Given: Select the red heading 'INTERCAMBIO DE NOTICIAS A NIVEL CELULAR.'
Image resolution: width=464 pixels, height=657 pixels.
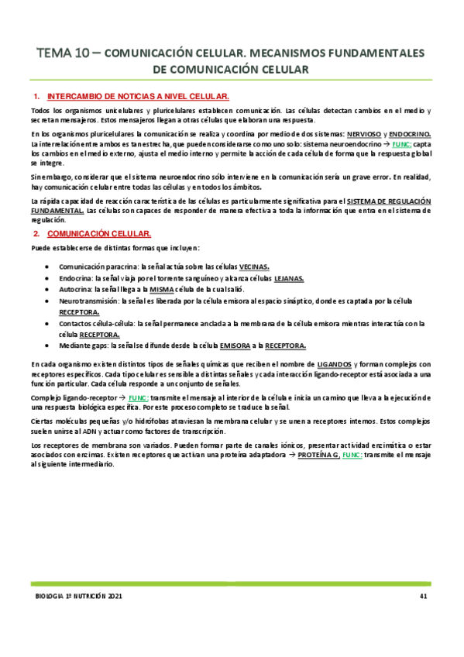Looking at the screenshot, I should coord(138,98).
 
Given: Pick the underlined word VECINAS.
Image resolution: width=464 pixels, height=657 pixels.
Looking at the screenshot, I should coord(255,265).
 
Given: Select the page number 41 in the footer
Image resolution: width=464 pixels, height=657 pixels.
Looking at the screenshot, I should coord(423,596).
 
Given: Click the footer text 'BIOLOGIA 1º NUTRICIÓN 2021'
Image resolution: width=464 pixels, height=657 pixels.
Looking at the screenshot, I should coord(79,596).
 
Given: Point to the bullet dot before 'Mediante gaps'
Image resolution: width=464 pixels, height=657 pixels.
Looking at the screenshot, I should coord(50,346).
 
